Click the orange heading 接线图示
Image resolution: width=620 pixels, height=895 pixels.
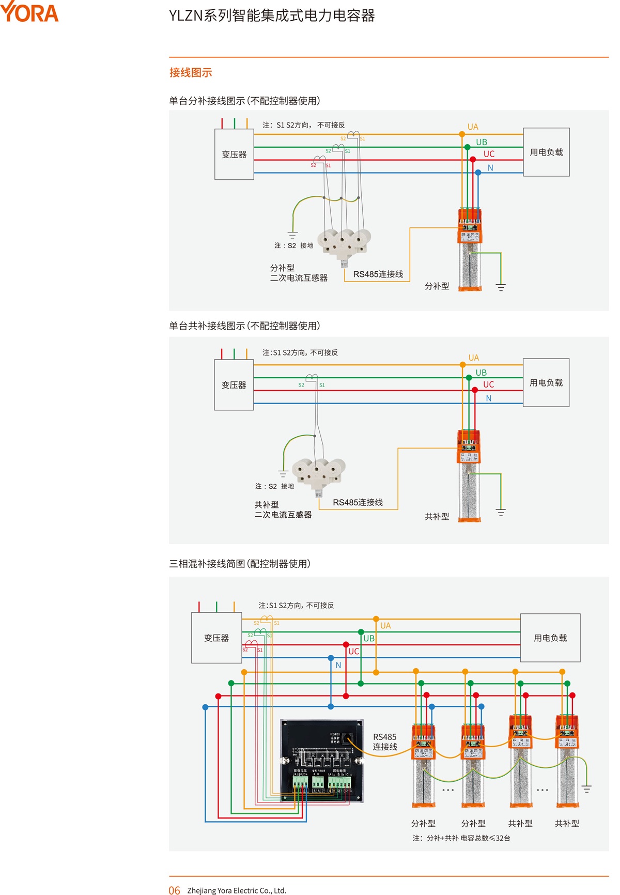191,73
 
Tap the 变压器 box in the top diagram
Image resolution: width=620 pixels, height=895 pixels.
234,155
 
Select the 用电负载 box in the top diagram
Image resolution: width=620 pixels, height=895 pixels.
546,152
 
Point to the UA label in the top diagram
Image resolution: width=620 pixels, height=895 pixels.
473,127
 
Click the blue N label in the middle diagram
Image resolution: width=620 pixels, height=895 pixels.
488,398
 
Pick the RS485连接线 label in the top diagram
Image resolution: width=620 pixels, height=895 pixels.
378,274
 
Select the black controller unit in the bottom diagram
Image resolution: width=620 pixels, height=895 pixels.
321,761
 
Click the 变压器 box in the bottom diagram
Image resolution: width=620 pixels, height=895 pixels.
216,638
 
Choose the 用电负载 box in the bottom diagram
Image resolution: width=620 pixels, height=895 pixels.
550,638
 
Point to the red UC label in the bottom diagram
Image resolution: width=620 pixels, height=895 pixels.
353,652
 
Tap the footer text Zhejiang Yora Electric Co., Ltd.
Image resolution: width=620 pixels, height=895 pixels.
237,890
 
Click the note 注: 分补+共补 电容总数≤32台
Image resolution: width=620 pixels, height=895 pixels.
461,838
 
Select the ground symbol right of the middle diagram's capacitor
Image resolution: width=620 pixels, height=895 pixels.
500,513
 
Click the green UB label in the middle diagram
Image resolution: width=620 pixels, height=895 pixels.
481,373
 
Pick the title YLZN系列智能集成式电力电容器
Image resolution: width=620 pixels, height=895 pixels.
272,16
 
